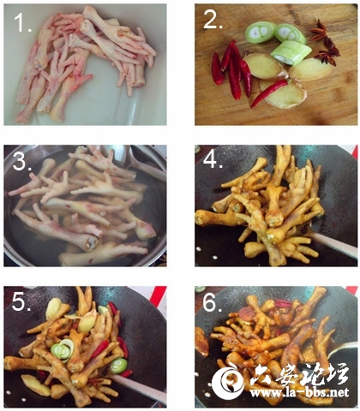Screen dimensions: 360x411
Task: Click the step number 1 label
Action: coord(22,22)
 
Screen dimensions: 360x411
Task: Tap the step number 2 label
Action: coord(213,20)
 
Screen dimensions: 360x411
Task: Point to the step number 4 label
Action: coord(213,160)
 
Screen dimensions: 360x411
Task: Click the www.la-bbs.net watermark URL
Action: coord(299,392)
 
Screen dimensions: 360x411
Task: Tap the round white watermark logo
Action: coord(228,384)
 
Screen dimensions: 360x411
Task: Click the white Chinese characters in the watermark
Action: coord(299,374)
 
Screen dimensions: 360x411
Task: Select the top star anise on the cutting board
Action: coord(318,30)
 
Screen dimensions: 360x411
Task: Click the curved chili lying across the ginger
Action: coord(268,92)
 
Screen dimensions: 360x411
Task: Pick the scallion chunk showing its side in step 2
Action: coord(291,53)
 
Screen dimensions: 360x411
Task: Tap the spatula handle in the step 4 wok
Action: coord(333,245)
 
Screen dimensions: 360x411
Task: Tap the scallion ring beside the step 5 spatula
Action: coord(118,366)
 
